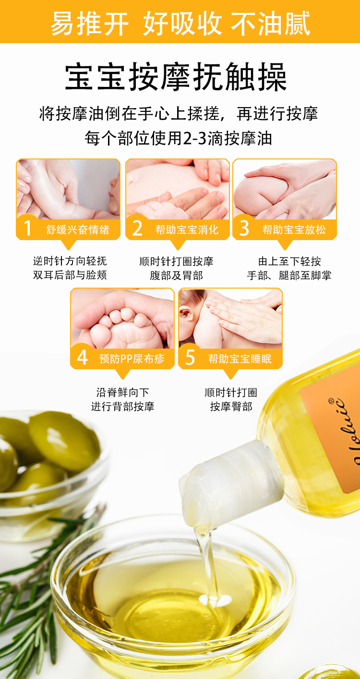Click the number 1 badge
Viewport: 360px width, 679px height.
[x=27, y=228]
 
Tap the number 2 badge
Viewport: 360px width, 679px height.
[x=137, y=228]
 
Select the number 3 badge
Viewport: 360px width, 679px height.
[x=244, y=228]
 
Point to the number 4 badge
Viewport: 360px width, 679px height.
[x=82, y=357]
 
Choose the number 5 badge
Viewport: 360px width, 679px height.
[x=190, y=357]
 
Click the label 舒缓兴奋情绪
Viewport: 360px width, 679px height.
[x=78, y=230]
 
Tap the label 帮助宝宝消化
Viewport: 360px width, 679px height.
[x=187, y=230]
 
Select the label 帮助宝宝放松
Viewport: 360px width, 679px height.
[x=294, y=230]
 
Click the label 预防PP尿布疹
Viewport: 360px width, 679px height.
[x=132, y=359]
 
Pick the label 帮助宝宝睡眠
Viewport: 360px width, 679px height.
[x=240, y=359]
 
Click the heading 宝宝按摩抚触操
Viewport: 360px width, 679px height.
[x=176, y=77]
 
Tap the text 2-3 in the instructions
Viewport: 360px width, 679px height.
[x=194, y=138]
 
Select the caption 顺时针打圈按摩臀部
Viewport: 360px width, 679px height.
[x=231, y=400]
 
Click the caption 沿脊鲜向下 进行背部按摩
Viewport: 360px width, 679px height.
[x=123, y=400]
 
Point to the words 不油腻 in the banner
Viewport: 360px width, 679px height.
[x=271, y=23]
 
